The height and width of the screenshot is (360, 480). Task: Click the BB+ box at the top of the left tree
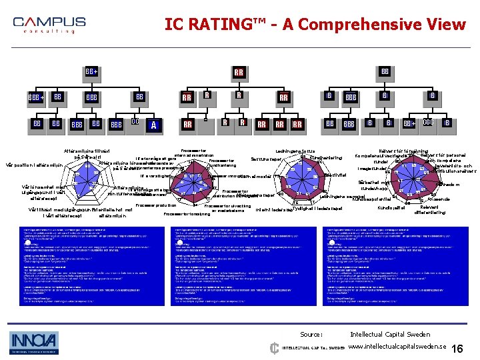click(91, 71)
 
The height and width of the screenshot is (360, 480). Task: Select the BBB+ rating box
click(36, 98)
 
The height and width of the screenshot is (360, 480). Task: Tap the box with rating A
click(154, 124)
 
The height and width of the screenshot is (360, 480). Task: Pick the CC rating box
click(135, 123)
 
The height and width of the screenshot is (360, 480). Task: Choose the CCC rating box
click(429, 123)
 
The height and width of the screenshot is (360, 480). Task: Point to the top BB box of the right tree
click(385, 71)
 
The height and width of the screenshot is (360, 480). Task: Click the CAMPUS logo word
click(49, 22)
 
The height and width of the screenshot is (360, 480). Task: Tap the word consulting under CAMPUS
click(49, 31)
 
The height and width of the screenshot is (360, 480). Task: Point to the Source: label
click(311, 334)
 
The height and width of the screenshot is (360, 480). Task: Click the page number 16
click(457, 349)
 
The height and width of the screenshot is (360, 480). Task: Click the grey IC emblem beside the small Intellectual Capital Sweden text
click(274, 347)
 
